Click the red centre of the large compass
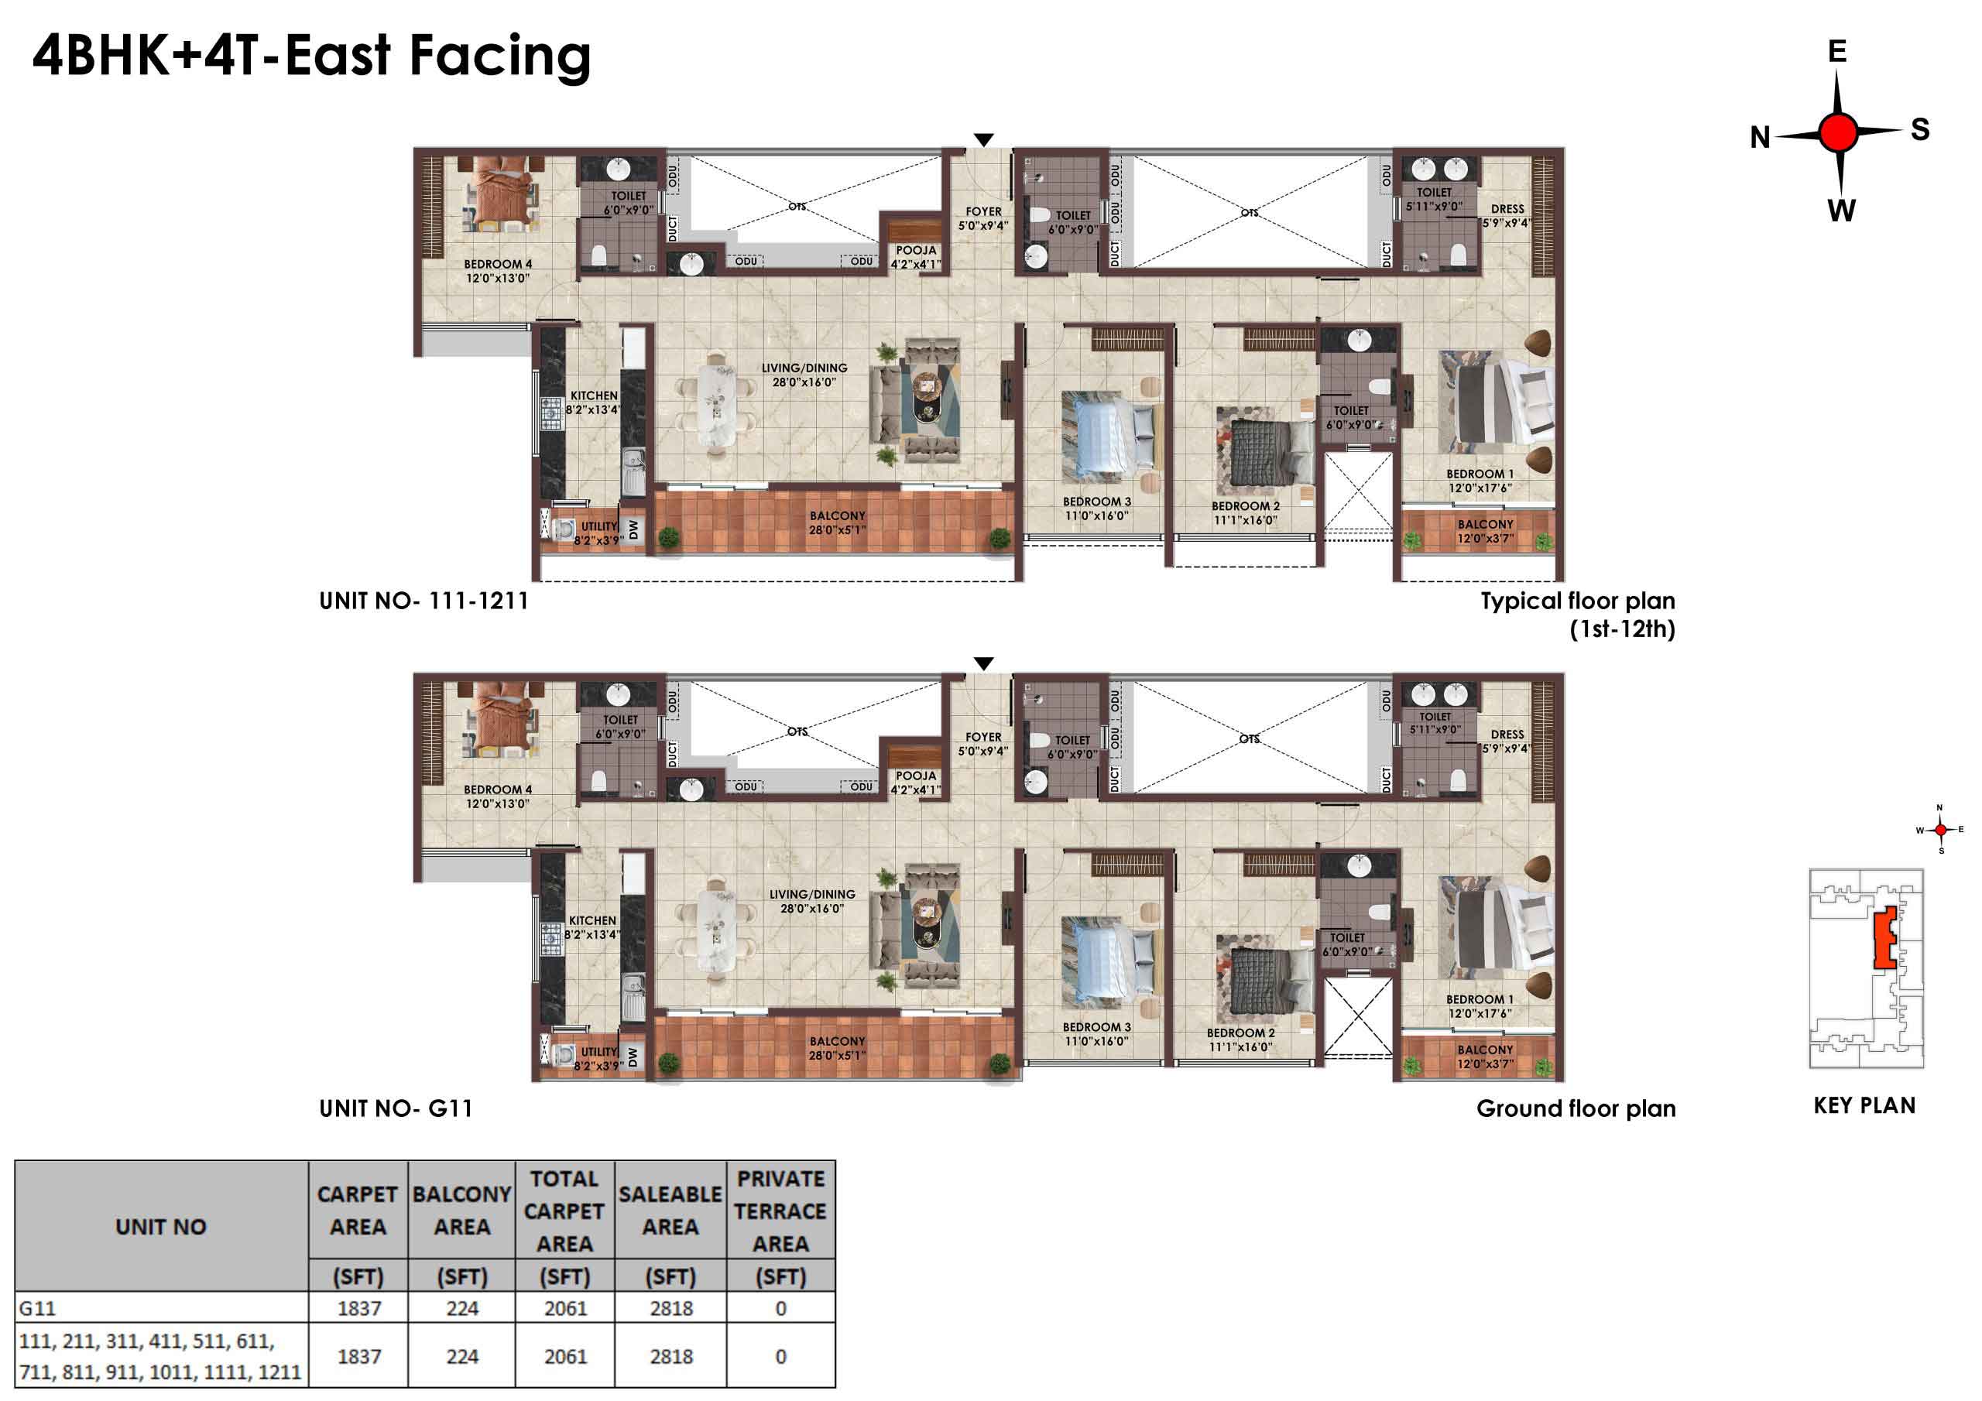click(x=1838, y=133)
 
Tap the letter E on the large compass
click(x=1837, y=52)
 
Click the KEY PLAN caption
click(x=1864, y=1106)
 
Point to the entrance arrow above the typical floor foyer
click(x=983, y=140)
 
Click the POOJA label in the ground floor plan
click(x=916, y=776)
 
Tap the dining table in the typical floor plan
click(x=716, y=403)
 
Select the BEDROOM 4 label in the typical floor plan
click(x=498, y=264)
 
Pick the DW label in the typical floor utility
click(x=633, y=529)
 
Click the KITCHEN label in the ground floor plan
click(x=592, y=921)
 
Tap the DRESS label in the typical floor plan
click(x=1507, y=209)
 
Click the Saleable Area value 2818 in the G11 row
click(x=670, y=1309)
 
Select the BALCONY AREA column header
click(x=462, y=1211)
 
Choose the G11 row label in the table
click(x=37, y=1309)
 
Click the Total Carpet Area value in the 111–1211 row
click(x=565, y=1357)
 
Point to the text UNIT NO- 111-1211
click(x=423, y=601)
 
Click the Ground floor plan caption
click(x=1576, y=1108)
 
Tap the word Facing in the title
click(x=500, y=57)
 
